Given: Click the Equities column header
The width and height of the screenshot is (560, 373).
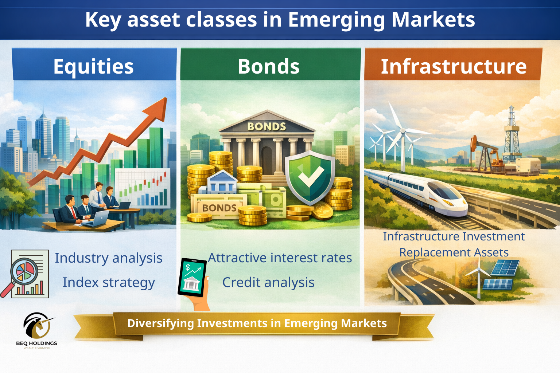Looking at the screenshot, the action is tap(94, 64).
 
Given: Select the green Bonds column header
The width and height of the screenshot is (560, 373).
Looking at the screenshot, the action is tap(271, 64).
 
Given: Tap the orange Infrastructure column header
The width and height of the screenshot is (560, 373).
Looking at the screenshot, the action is tap(453, 64).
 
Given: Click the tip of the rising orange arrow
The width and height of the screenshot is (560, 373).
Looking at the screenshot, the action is tap(166, 98).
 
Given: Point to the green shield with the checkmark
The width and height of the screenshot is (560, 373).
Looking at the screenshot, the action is tap(310, 177).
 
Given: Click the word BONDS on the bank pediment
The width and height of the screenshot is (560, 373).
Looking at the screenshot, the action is tap(267, 127).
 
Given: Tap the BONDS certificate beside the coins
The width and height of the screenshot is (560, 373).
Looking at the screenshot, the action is tap(219, 207).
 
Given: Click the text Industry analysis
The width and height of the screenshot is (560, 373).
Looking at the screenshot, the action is tap(109, 258).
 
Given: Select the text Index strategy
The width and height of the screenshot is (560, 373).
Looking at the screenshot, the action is tap(109, 283).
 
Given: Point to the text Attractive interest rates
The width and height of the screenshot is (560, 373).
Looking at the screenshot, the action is tap(280, 258).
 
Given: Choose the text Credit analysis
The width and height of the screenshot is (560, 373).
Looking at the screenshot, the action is tap(268, 283).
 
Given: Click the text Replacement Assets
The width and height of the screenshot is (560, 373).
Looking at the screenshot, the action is tap(454, 252).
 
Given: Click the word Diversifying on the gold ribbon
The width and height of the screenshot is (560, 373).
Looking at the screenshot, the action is tap(160, 323).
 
